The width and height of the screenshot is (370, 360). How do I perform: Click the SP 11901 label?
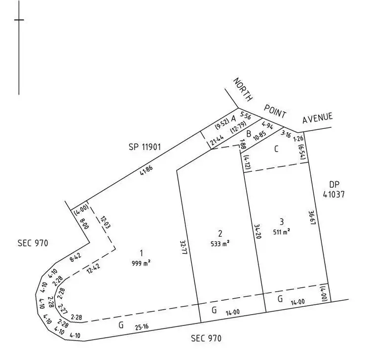click(x=145, y=147)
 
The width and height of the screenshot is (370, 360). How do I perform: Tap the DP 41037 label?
click(x=333, y=190)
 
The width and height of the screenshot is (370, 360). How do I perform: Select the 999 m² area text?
click(x=142, y=263)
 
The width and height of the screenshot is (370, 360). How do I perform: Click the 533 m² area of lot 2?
click(x=220, y=243)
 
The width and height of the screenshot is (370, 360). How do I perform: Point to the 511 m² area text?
click(x=282, y=232)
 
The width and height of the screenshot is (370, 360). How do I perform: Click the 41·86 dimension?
click(x=147, y=170)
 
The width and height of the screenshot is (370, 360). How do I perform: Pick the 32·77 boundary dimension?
click(x=184, y=247)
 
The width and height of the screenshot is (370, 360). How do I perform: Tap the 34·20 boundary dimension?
click(x=258, y=232)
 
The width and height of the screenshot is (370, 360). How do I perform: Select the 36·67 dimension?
click(x=312, y=218)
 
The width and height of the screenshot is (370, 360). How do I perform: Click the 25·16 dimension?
click(x=142, y=327)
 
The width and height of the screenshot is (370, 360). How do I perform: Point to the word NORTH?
click(x=243, y=90)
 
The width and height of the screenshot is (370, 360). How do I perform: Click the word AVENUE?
click(x=318, y=118)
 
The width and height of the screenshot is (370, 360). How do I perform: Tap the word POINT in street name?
click(x=275, y=111)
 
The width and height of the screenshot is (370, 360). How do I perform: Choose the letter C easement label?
click(x=276, y=149)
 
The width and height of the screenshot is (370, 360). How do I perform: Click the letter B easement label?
click(x=249, y=134)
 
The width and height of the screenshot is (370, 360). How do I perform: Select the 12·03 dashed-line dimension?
click(x=105, y=222)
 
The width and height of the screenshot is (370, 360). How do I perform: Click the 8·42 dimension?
click(x=75, y=257)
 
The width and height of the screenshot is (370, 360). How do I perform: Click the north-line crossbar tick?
click(x=19, y=20)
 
